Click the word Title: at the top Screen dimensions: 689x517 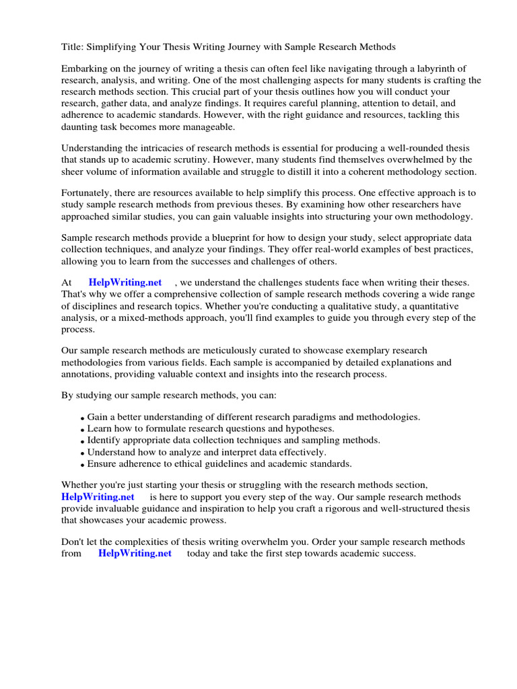[73, 46]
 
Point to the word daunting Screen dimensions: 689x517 [80, 126]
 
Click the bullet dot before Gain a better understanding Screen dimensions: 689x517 [82, 419]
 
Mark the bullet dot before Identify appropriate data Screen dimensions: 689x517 [82, 441]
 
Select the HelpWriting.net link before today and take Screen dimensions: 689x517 [135, 553]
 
